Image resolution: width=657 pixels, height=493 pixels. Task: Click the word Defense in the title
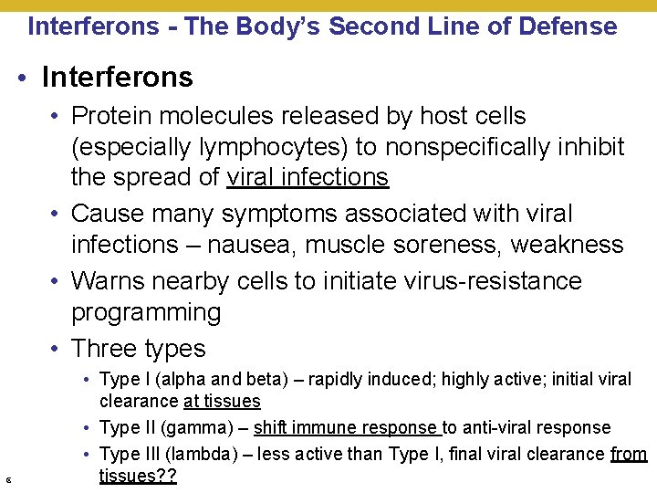pos(568,26)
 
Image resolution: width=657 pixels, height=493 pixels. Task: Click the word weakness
pos(568,245)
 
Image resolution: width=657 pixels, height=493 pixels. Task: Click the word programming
pos(146,312)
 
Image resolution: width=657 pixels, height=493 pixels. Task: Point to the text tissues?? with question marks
pos(138,477)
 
